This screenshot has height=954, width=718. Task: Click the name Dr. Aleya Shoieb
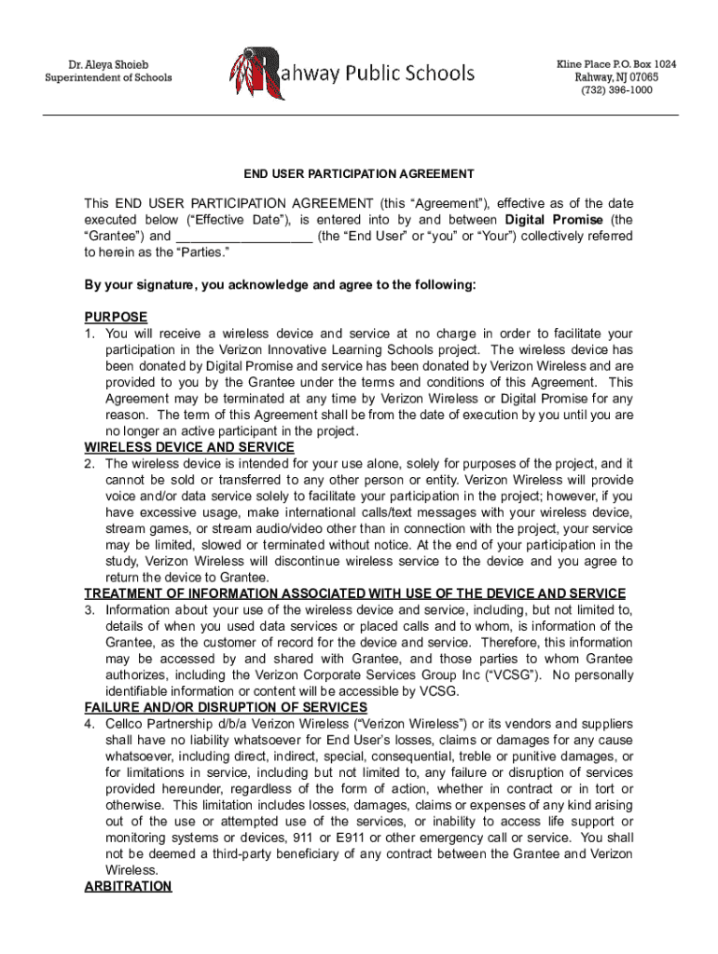(x=109, y=64)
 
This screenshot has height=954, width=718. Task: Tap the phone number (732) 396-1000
(x=616, y=90)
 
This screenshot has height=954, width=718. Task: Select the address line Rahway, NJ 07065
(x=616, y=77)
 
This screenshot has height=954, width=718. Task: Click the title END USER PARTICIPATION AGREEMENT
(x=359, y=174)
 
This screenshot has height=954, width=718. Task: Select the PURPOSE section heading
(x=116, y=318)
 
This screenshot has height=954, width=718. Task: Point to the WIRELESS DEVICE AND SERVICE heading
(x=189, y=447)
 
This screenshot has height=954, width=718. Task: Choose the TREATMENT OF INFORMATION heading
(x=355, y=593)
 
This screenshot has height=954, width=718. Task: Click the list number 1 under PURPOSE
(x=90, y=334)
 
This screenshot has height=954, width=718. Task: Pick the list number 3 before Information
(x=90, y=610)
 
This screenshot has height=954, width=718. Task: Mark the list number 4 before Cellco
(x=90, y=724)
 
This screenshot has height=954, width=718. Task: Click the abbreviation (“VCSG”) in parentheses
(x=527, y=675)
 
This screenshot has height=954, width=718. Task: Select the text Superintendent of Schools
(x=109, y=78)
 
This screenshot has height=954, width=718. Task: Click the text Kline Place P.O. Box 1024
(x=616, y=63)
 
